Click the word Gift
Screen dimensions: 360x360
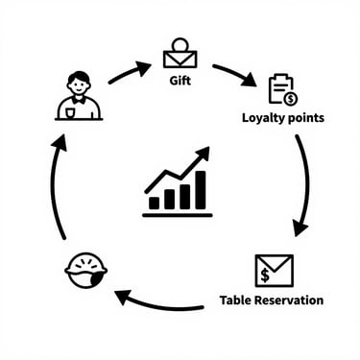[179, 81]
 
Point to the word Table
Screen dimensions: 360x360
[238, 300]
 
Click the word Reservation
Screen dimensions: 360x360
[289, 300]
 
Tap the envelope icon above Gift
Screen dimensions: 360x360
[179, 54]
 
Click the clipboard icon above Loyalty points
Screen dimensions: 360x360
[280, 89]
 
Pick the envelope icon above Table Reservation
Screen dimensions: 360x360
[274, 270]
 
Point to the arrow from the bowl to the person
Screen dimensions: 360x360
[56, 187]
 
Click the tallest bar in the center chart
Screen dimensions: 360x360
[200, 190]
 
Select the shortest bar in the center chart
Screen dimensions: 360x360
[155, 203]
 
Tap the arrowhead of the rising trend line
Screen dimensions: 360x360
[204, 154]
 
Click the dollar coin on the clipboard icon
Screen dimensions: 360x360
[289, 98]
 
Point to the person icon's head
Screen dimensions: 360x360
[79, 81]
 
